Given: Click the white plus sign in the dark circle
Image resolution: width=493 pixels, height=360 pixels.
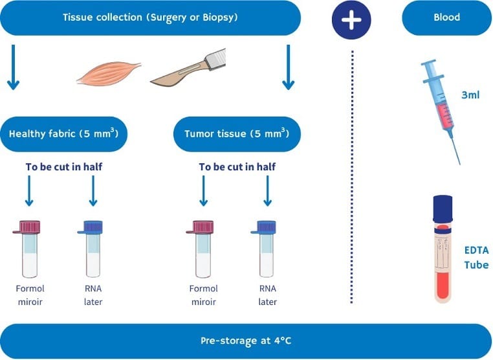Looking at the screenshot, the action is click(351, 19).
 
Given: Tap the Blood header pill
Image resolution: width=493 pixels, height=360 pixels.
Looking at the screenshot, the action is click(446, 17).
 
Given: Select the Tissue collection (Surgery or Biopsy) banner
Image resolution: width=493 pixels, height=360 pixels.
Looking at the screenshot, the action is click(150, 17).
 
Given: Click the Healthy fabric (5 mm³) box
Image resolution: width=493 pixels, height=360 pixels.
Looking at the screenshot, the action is click(64, 134).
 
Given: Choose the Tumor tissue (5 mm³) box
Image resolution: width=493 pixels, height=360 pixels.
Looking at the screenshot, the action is click(237, 134).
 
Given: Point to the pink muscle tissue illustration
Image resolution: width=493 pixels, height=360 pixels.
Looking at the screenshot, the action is click(109, 73).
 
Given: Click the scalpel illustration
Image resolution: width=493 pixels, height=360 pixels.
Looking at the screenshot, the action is click(188, 67).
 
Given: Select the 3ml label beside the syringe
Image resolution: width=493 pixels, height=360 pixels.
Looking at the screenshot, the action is click(470, 95).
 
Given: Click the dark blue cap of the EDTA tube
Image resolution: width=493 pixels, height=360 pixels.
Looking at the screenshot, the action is click(443, 208).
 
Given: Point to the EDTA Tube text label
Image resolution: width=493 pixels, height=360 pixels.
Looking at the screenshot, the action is click(477, 258).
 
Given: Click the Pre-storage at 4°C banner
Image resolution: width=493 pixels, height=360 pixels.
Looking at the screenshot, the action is click(246, 341).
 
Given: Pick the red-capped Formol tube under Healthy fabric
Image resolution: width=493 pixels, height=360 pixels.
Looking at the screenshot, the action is click(28, 249).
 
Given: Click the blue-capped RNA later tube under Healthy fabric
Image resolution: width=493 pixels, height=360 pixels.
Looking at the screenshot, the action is click(91, 249).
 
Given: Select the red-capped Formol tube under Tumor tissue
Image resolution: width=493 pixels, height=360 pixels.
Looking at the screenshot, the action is click(201, 249).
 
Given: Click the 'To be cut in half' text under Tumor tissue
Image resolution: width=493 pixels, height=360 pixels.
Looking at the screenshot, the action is click(237, 167).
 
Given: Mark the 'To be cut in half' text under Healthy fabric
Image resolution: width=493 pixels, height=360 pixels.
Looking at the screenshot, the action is click(64, 167).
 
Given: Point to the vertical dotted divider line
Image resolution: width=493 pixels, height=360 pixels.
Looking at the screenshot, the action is click(352, 177).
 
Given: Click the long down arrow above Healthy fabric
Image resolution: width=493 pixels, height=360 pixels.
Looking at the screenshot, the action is click(13, 67).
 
